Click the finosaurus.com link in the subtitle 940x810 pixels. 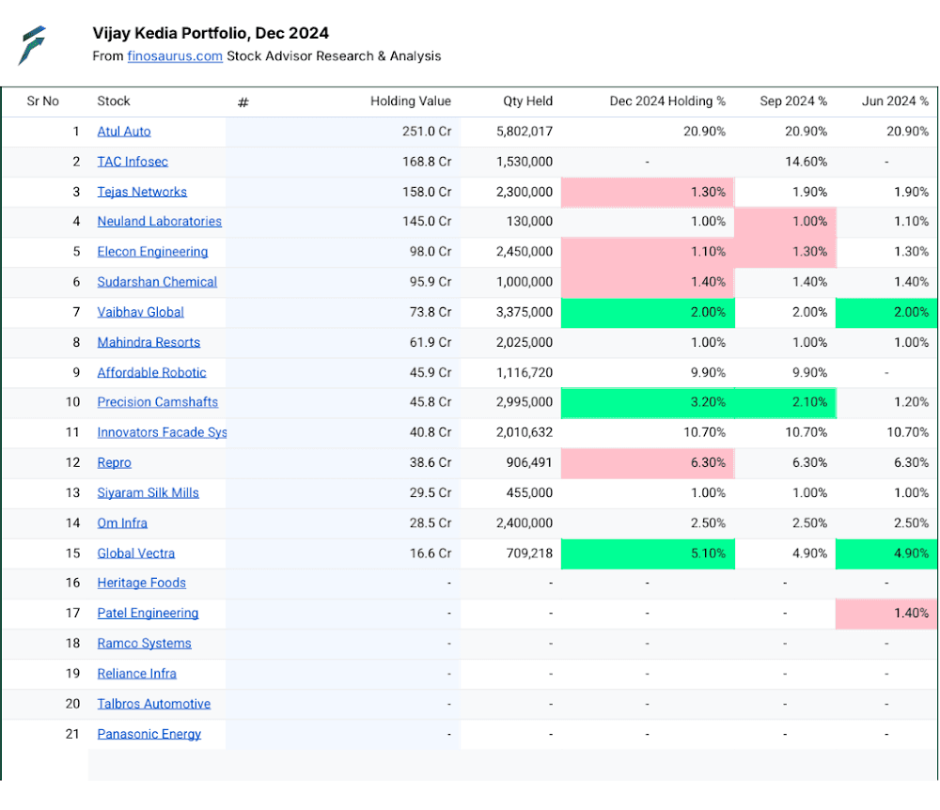click(x=175, y=56)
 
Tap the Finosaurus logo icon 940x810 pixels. click(x=32, y=45)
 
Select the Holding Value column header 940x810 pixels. click(x=411, y=101)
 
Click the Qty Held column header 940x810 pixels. click(x=527, y=101)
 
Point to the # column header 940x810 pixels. click(x=243, y=102)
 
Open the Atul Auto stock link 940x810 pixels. click(x=124, y=132)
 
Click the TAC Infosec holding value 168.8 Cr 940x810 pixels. click(x=426, y=162)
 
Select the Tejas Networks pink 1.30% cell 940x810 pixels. click(x=648, y=193)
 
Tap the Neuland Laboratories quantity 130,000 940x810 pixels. click(x=529, y=222)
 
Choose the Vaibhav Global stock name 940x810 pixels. click(x=140, y=312)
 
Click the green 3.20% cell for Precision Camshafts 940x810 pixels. click(x=648, y=402)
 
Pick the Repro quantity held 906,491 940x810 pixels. click(x=529, y=462)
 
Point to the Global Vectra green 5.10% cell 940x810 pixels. click(x=648, y=553)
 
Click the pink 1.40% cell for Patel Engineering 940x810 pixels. click(x=886, y=614)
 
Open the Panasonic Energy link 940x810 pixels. click(x=149, y=735)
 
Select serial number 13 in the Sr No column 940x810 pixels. click(x=72, y=493)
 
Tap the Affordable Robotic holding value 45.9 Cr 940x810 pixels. click(x=431, y=373)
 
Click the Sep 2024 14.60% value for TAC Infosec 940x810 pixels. click(x=807, y=162)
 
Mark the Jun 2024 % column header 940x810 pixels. click(x=895, y=101)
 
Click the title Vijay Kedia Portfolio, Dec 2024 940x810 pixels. click(x=211, y=33)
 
